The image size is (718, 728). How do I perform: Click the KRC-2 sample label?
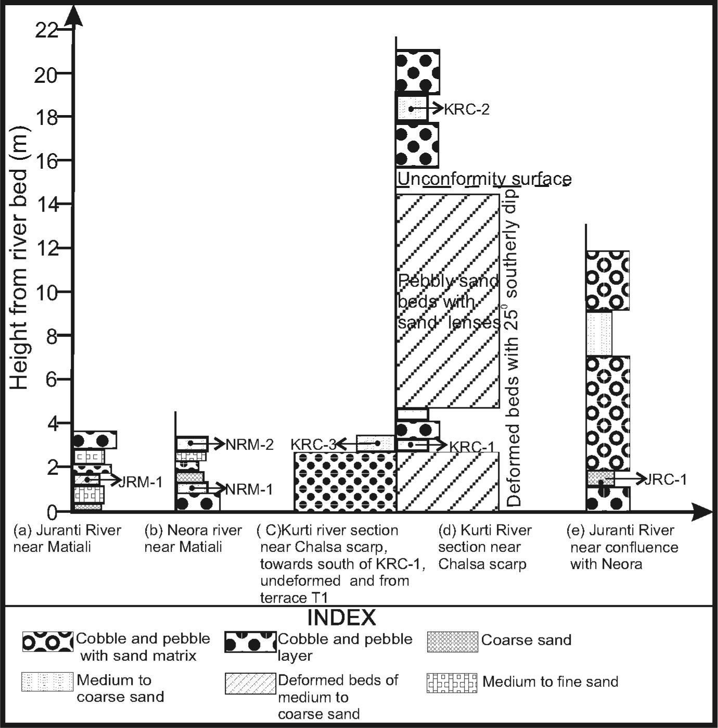467,109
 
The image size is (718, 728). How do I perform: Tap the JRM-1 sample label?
140,482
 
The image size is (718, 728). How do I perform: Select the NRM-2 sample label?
249,445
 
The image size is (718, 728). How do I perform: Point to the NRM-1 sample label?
249,489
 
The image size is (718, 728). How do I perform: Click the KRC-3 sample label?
313,445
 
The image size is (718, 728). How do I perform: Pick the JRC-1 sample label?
665,480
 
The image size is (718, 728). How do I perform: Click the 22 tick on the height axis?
46,30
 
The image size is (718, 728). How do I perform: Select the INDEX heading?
342,618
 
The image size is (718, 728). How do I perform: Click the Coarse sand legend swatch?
452,642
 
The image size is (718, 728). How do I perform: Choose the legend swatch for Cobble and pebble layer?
250,642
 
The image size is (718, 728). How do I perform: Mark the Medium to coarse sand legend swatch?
47,682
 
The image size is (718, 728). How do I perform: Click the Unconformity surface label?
484,180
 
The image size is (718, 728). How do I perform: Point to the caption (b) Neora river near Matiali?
193,539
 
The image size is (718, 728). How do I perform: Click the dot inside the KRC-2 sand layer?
411,109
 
